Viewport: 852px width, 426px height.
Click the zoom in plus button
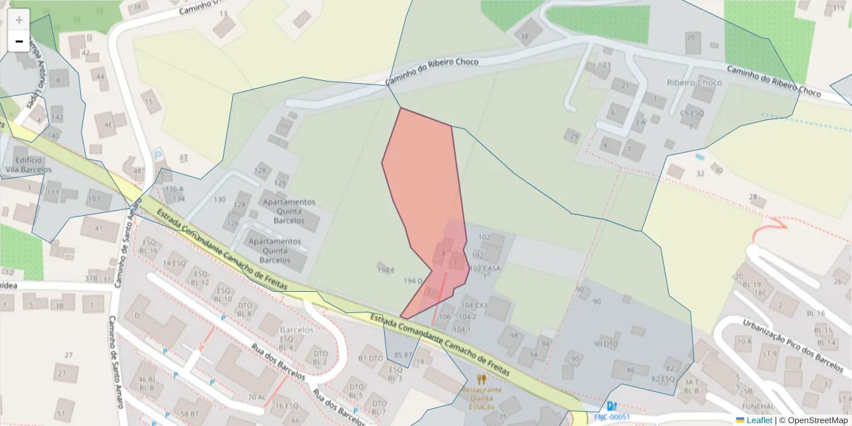[x=19, y=20]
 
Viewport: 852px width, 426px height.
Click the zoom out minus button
[x=19, y=41]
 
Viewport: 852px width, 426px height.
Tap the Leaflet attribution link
[x=758, y=420]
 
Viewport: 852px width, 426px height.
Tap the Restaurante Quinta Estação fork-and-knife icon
[x=481, y=379]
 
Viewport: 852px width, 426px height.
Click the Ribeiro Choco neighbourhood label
[x=694, y=82]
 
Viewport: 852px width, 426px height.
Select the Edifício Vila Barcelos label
[x=28, y=165]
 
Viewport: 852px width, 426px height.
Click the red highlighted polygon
[x=423, y=185]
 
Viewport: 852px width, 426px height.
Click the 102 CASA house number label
[x=486, y=268]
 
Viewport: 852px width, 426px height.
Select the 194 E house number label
[x=386, y=270]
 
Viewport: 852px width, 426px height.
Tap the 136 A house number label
[x=173, y=190]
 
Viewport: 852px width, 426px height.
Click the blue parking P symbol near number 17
[x=158, y=153]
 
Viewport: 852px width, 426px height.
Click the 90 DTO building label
[x=606, y=344]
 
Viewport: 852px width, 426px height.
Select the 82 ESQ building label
[x=662, y=378]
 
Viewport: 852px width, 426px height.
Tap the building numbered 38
[x=526, y=35]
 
